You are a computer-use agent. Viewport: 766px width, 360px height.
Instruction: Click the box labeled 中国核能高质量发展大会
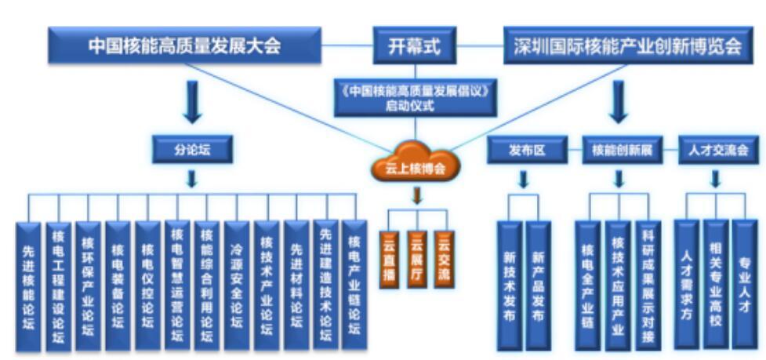pyautogui.click(x=184, y=45)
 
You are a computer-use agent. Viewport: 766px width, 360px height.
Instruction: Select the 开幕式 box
pyautogui.click(x=414, y=45)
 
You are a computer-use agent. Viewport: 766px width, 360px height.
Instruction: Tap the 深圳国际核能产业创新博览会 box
pyautogui.click(x=627, y=45)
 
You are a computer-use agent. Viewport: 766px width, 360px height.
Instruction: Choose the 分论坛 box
pyautogui.click(x=192, y=148)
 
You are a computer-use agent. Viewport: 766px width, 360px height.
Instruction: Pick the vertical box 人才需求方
pyautogui.click(x=686, y=282)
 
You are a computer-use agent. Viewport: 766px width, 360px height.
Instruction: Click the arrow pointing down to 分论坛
pyautogui.click(x=192, y=101)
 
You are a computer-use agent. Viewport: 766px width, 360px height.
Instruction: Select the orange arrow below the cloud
pyautogui.click(x=416, y=194)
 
